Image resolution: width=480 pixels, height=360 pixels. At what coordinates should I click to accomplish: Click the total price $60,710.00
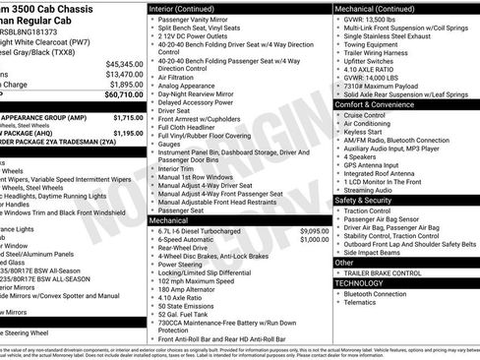122,95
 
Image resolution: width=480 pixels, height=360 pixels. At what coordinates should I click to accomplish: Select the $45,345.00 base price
123,63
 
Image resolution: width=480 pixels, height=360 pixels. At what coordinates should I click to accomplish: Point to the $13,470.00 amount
123,74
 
